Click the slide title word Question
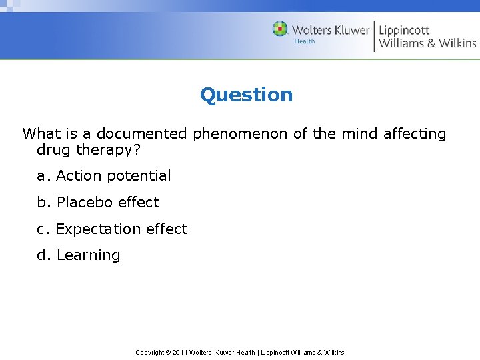pyautogui.click(x=246, y=95)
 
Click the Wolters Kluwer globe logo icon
pyautogui.click(x=280, y=29)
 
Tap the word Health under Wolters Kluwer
pyautogui.click(x=305, y=41)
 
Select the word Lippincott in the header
pyautogui.click(x=404, y=30)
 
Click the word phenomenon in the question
pyautogui.click(x=241, y=133)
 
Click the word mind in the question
pyautogui.click(x=360, y=133)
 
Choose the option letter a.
pyautogui.click(x=43, y=176)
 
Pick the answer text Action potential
pyautogui.click(x=113, y=176)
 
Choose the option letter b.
pyautogui.click(x=43, y=202)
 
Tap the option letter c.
pyautogui.click(x=43, y=229)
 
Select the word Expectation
pyautogui.click(x=99, y=229)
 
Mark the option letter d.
pyautogui.click(x=43, y=255)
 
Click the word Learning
pyautogui.click(x=88, y=255)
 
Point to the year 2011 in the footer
pyautogui.click(x=179, y=352)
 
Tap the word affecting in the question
pyautogui.click(x=415, y=133)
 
